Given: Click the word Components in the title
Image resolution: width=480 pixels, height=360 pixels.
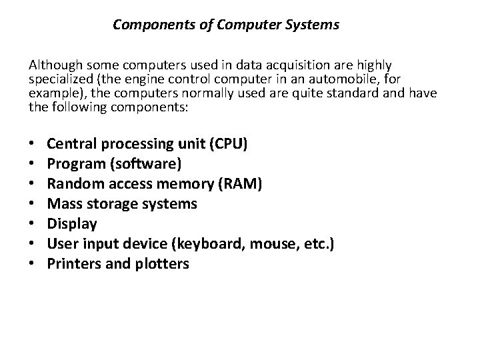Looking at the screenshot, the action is pyautogui.click(x=147, y=25).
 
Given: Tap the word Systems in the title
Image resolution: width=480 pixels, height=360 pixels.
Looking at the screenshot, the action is pyautogui.click(x=313, y=25).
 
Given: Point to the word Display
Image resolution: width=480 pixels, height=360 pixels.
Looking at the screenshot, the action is pyautogui.click(x=73, y=223).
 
